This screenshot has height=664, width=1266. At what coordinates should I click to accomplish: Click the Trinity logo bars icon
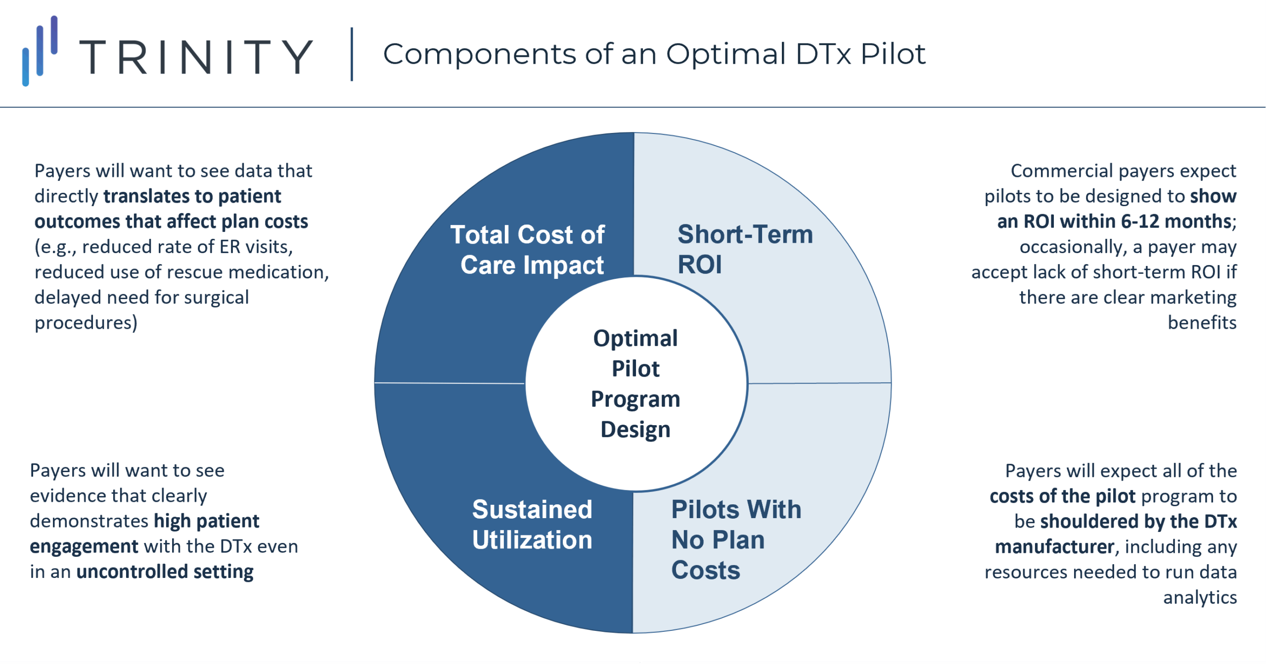[40, 51]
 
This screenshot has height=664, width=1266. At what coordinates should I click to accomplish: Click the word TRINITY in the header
[196, 57]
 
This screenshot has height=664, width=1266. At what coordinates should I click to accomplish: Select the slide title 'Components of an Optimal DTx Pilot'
[654, 54]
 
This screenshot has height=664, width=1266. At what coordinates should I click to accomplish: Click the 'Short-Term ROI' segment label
[745, 249]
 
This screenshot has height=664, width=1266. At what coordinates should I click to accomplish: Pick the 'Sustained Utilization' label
[532, 525]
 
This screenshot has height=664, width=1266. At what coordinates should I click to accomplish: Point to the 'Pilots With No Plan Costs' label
[736, 539]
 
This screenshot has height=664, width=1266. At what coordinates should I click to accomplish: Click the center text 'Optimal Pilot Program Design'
[635, 384]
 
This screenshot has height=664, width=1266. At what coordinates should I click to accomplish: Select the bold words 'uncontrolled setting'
[165, 572]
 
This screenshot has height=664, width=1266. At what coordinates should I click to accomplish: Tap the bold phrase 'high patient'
[206, 521]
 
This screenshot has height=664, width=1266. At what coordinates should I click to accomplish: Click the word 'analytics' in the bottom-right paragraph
[1200, 597]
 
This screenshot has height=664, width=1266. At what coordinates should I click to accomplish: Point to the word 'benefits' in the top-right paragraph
[1202, 322]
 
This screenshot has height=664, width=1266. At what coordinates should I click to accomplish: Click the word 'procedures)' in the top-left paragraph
[86, 323]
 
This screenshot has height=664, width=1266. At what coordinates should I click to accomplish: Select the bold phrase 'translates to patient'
[192, 196]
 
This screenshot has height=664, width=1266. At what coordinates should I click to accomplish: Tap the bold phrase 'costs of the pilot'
[1062, 496]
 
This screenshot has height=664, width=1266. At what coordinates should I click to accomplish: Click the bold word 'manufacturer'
[1055, 547]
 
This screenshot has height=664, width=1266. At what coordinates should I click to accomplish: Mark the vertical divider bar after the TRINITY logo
[352, 54]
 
